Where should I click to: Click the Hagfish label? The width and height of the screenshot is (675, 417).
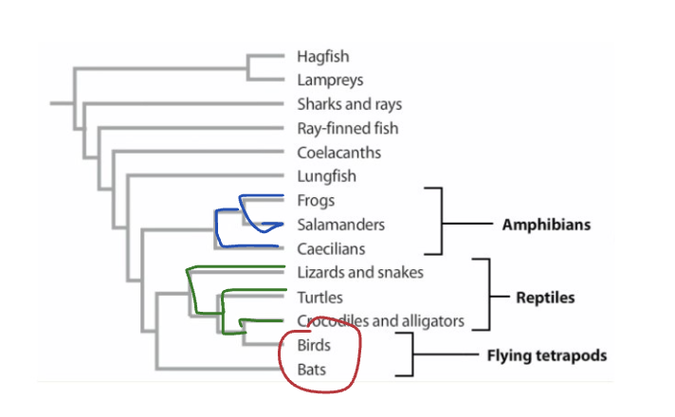click(x=322, y=57)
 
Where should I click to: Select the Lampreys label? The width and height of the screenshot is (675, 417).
click(x=329, y=81)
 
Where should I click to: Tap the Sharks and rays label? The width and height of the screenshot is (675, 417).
click(x=348, y=104)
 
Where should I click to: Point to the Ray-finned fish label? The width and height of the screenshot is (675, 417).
click(x=347, y=128)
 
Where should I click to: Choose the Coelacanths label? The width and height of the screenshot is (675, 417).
click(x=338, y=152)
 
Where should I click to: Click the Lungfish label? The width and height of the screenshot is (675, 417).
click(x=326, y=176)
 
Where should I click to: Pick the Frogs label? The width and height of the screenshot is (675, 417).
click(x=316, y=201)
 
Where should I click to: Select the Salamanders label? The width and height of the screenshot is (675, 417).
click(x=340, y=225)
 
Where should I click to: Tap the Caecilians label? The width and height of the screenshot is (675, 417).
click(x=332, y=248)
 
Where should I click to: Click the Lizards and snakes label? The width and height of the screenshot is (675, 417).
click(x=359, y=273)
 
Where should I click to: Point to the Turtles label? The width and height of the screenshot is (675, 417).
click(x=319, y=298)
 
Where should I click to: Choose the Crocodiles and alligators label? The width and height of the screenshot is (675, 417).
click(x=380, y=321)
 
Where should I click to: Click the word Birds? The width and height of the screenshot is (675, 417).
click(x=314, y=346)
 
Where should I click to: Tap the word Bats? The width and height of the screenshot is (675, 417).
click(x=311, y=370)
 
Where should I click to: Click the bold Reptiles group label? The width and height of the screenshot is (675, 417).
click(x=545, y=298)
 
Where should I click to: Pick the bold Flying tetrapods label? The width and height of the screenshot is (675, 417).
click(x=546, y=356)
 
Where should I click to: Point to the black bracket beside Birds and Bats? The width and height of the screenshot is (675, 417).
click(x=411, y=355)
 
